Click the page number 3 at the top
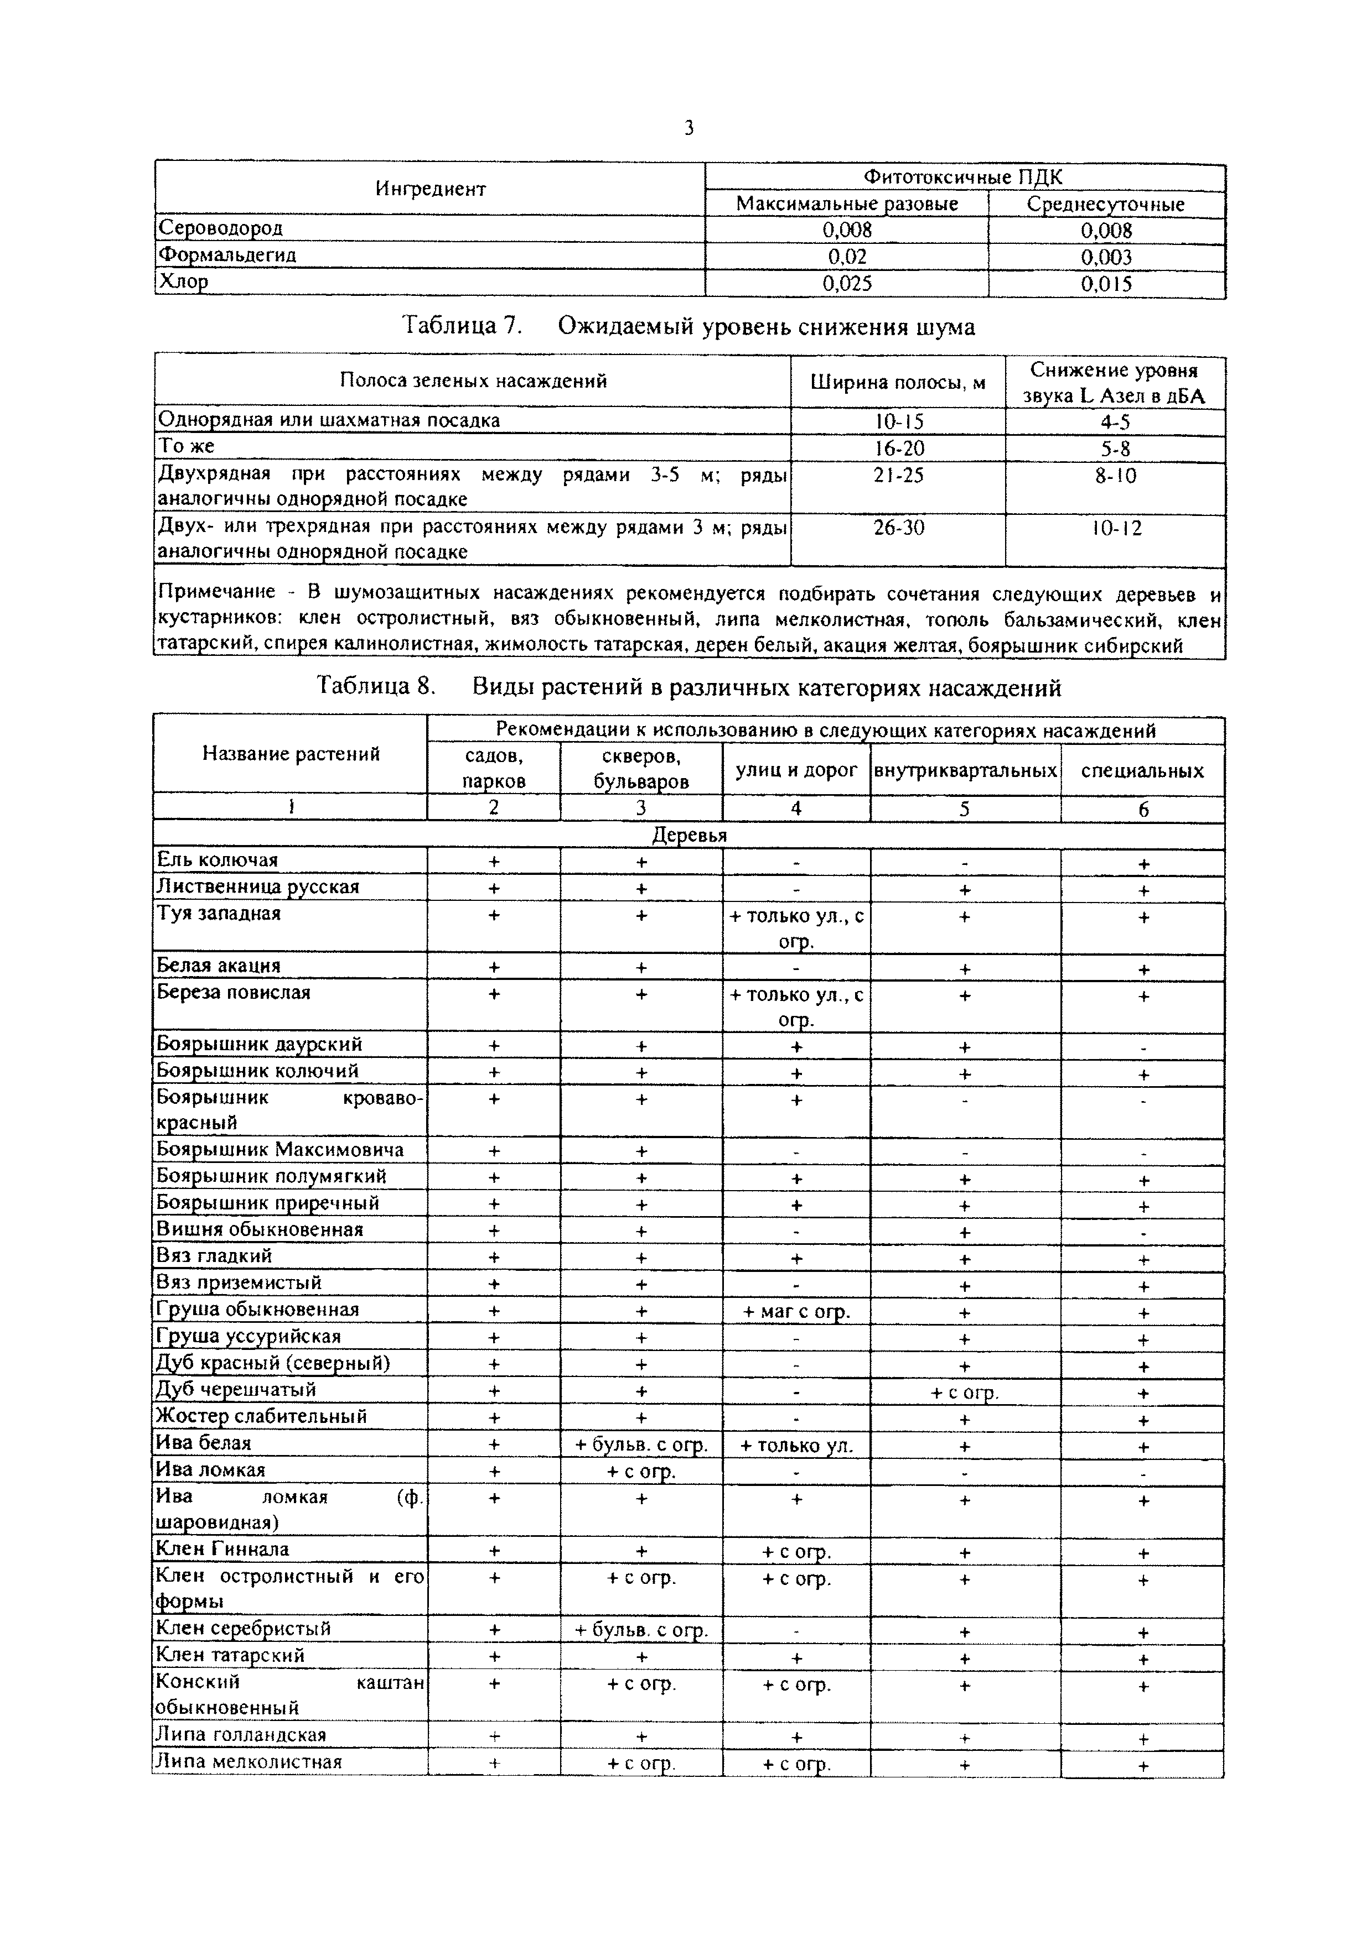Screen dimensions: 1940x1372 point(689,128)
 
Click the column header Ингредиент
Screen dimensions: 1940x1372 point(430,189)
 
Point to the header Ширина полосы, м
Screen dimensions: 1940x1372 point(898,383)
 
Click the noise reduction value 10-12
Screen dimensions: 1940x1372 point(1116,529)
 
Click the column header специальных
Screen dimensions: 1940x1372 point(1142,770)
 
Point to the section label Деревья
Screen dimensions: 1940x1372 point(689,836)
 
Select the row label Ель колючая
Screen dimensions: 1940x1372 point(218,860)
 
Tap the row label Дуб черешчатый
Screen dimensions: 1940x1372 point(236,1390)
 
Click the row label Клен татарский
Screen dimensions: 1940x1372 point(230,1655)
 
